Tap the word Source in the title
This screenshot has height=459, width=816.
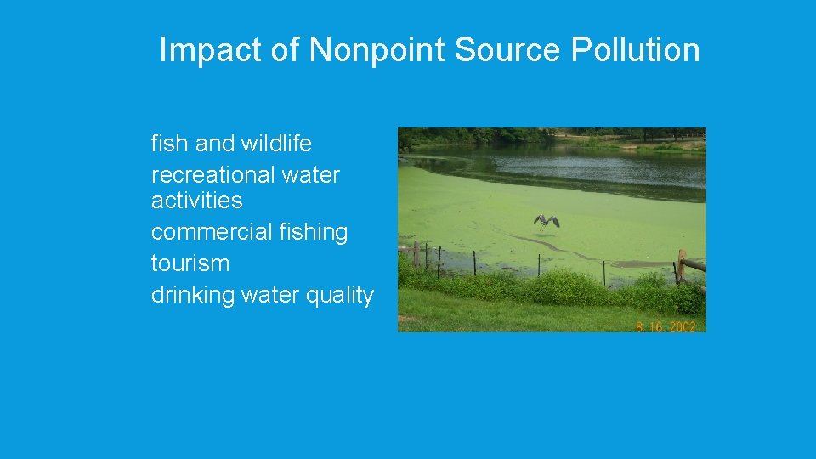507,50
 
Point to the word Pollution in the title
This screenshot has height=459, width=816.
635,50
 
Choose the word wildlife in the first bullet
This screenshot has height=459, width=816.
276,144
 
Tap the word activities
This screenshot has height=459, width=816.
196,201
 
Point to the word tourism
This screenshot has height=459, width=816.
190,263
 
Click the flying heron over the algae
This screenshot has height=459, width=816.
546,221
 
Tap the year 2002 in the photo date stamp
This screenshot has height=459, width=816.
682,326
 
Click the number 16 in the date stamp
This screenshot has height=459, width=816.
655,326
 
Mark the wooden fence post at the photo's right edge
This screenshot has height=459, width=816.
681,266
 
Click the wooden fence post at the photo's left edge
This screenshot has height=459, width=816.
416,253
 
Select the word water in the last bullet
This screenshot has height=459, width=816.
271,295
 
